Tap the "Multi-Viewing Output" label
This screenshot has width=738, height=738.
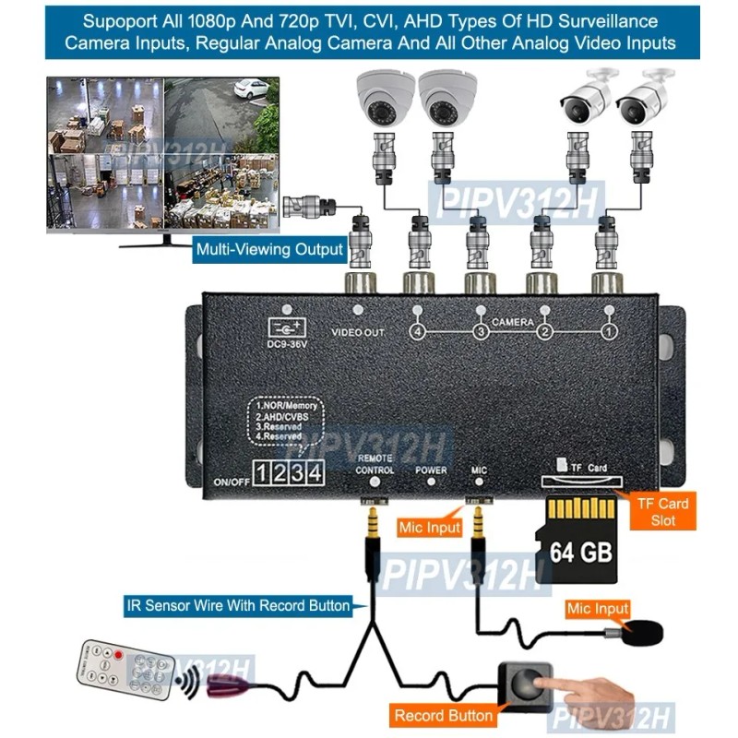click(270, 249)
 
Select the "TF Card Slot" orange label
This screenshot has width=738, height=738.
click(660, 512)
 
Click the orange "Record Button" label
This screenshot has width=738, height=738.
click(444, 715)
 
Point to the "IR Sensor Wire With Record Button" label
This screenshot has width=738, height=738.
click(239, 606)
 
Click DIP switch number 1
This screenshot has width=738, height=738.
click(263, 474)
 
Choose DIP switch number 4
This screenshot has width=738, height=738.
click(315, 474)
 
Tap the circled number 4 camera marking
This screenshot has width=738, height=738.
click(417, 331)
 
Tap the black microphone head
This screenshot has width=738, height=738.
click(642, 634)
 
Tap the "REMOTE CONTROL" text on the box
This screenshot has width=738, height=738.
click(375, 464)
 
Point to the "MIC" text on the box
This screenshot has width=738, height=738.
click(479, 470)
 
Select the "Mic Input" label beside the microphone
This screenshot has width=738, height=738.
click(597, 609)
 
